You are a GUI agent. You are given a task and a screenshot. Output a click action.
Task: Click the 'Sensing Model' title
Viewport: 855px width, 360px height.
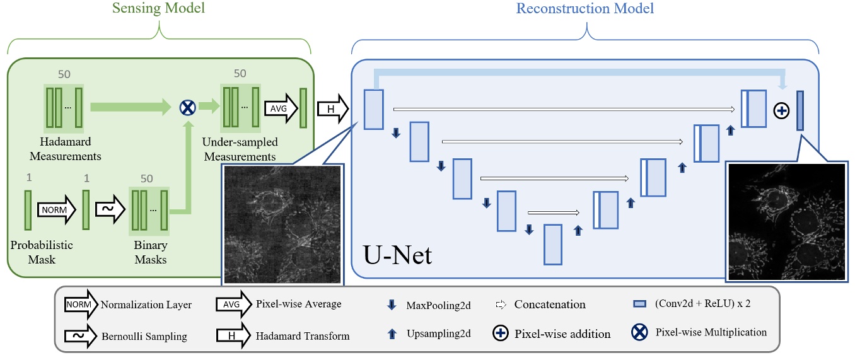click(x=159, y=9)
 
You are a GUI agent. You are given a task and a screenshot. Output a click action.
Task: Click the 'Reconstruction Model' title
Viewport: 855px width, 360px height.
click(x=585, y=9)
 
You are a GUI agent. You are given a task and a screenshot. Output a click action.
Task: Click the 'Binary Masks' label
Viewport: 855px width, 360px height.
click(x=150, y=252)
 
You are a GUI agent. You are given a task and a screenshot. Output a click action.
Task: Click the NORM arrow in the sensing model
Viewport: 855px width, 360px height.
click(x=57, y=208)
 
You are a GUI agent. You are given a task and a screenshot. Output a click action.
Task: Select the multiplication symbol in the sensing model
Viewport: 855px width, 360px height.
click(x=187, y=108)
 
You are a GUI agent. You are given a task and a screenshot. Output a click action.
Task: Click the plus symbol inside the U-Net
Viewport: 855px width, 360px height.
click(x=781, y=111)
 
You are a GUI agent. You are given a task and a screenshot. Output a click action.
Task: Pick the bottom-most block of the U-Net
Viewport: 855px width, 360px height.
click(x=553, y=244)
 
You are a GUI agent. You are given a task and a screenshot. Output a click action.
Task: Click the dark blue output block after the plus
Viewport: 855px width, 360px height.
click(x=800, y=110)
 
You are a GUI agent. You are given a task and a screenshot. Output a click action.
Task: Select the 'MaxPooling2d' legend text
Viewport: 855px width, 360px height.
click(x=439, y=305)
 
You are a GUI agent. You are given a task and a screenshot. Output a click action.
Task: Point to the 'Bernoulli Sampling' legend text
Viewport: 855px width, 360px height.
click(x=144, y=336)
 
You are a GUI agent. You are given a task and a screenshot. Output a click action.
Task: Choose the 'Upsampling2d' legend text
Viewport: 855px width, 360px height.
click(x=439, y=333)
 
